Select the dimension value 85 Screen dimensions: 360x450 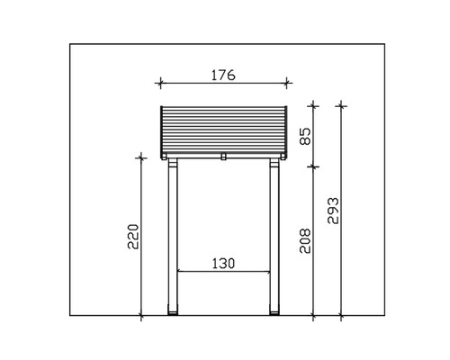305,136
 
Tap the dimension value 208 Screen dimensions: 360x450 305,240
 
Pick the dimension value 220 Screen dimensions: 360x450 134,237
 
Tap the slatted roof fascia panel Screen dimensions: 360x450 223,130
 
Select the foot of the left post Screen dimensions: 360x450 175,314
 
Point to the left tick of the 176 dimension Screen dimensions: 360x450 160,84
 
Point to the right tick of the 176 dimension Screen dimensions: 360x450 286,84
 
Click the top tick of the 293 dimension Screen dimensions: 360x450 341,105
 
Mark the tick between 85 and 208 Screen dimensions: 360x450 312,166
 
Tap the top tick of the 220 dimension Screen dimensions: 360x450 141,157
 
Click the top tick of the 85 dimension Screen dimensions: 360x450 312,105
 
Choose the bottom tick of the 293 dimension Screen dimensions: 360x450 341,316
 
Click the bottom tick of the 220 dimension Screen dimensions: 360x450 141,316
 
